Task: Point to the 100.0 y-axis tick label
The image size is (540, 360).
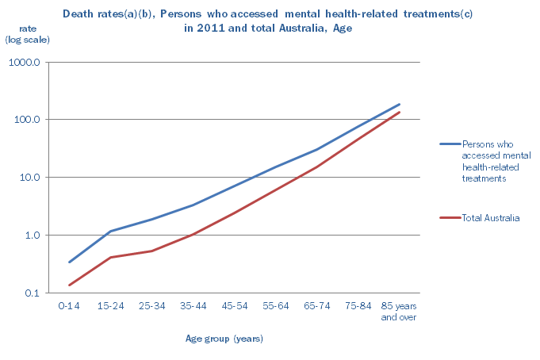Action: tap(29, 120)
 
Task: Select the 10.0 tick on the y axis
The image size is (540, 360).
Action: tap(32, 178)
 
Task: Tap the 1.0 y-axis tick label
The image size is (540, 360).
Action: tap(33, 236)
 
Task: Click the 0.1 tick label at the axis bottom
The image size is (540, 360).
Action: tap(33, 293)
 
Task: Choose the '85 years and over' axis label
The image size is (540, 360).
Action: tap(399, 312)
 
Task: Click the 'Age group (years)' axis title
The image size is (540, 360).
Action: tap(224, 339)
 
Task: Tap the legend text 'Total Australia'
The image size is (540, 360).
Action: tap(490, 218)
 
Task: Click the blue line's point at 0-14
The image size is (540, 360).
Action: tap(69, 262)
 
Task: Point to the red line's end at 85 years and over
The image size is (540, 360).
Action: tap(400, 112)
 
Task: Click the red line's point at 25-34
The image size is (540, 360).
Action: tap(151, 251)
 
